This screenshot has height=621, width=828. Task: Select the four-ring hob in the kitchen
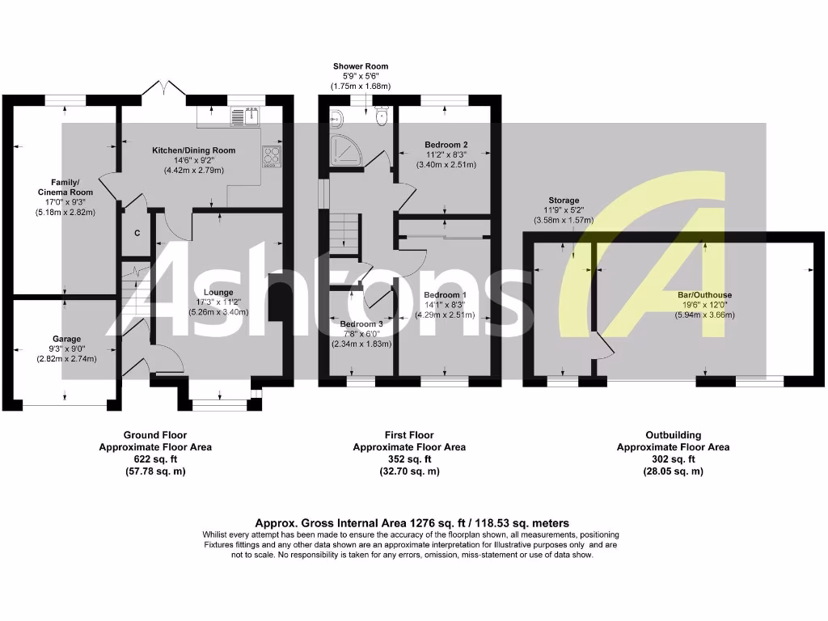pos(272,156)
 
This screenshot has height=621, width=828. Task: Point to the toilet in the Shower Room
pos(382,118)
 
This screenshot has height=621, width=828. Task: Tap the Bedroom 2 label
pos(446,145)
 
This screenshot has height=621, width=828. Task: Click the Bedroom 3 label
pos(361,323)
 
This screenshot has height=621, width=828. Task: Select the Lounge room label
pos(218,293)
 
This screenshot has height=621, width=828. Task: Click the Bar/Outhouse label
pos(705,295)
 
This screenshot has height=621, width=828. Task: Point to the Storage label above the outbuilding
pos(564,201)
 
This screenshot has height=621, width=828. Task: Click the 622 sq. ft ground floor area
pos(154,459)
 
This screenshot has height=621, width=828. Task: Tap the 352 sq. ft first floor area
pos(408,459)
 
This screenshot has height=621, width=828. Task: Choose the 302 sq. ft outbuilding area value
pos(673,459)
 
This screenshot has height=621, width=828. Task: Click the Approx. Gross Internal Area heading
pos(412,523)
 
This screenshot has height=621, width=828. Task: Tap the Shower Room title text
pos(361,66)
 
